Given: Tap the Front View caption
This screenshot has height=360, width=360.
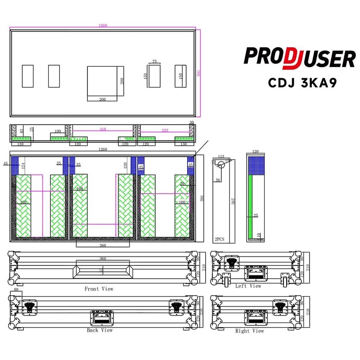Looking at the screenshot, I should (x=99, y=289).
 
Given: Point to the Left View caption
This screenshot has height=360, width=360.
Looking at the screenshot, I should (x=248, y=286).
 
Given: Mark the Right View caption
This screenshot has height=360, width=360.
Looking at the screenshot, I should (x=249, y=331).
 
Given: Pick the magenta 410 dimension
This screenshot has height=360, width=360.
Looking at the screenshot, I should (x=103, y=130).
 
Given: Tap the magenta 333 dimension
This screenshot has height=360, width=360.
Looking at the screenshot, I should (x=165, y=130).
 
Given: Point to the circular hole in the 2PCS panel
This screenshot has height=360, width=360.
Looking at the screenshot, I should (x=220, y=165).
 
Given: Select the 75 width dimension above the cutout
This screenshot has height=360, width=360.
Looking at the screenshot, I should (x=155, y=62).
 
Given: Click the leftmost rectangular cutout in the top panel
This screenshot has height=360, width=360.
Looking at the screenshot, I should (x=27, y=76).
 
